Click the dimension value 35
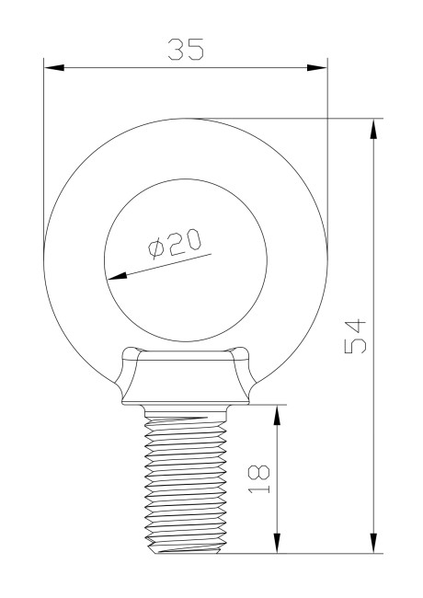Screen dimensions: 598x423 tap(185, 50)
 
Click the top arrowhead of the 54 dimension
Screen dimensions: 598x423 tap(373, 127)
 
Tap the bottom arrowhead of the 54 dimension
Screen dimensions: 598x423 tap(373, 545)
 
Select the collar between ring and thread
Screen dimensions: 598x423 tap(186, 379)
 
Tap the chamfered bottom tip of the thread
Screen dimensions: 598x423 tap(187, 549)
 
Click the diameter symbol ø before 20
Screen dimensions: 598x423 tap(155, 249)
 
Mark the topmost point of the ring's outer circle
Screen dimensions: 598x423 tap(186, 118)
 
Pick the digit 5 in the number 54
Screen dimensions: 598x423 tap(356, 349)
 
